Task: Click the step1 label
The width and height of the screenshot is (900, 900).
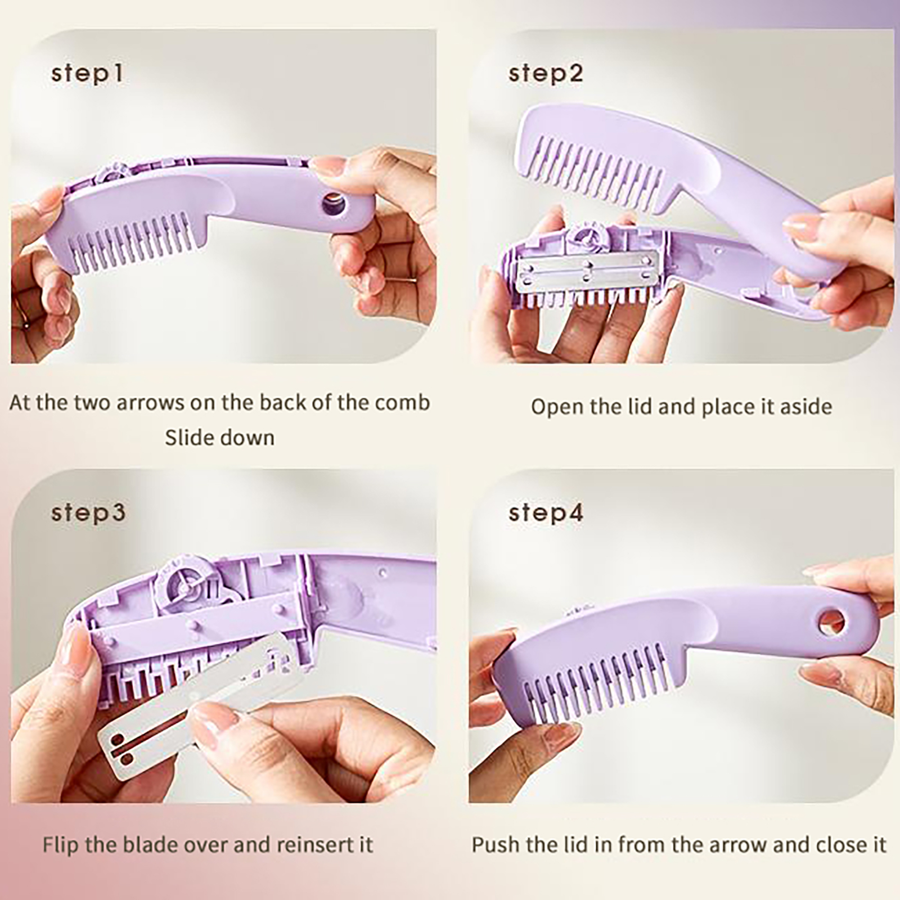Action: [87, 74]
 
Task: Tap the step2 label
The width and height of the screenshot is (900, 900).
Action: [546, 74]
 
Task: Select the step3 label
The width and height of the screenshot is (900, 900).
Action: [88, 513]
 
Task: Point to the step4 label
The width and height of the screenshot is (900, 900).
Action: [546, 513]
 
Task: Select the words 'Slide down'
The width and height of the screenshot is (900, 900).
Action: [220, 438]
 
